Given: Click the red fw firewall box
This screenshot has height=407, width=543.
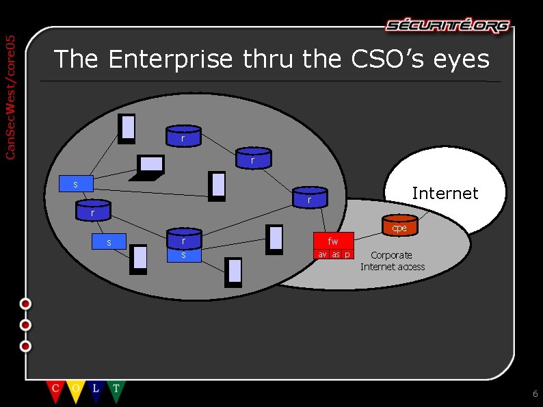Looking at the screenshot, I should (x=333, y=241).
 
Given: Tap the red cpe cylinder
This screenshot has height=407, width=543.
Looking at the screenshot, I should (x=399, y=226).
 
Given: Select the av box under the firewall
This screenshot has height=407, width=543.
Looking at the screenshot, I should (x=322, y=254).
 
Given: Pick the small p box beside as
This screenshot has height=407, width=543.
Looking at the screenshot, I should (x=347, y=254).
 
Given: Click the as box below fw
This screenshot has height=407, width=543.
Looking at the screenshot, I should (x=336, y=254).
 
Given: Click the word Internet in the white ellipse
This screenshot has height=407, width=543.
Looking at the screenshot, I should (x=445, y=194).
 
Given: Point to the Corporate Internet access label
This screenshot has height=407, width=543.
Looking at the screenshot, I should (x=393, y=261).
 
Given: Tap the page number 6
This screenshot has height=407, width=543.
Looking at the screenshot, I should (x=535, y=394).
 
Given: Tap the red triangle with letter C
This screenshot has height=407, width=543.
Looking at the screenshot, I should (x=55, y=391).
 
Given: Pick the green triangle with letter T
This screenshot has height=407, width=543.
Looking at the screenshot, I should (x=116, y=391).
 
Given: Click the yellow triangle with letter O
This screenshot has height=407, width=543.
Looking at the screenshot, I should (x=75, y=391).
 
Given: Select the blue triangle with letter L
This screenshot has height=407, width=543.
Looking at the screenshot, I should (x=96, y=391).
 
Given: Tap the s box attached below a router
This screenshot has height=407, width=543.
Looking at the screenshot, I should (x=183, y=255).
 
